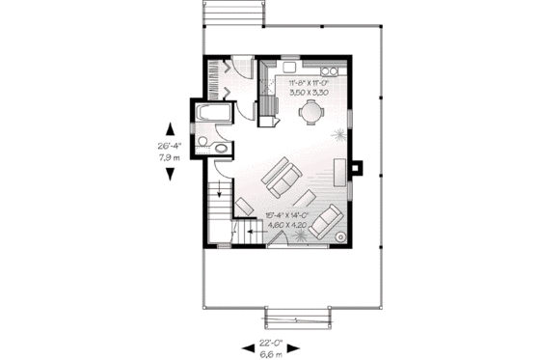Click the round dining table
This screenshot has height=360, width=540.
pos(310,112)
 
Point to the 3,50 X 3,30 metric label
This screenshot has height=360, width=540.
pos(310,97)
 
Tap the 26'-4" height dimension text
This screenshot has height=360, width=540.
pos(171,147)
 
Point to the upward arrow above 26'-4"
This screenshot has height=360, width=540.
pos(171,129)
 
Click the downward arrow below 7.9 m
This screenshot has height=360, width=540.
pos(171,174)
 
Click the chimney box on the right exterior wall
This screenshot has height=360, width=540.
pos(358,167)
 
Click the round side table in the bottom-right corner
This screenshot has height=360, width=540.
pos(339,235)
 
